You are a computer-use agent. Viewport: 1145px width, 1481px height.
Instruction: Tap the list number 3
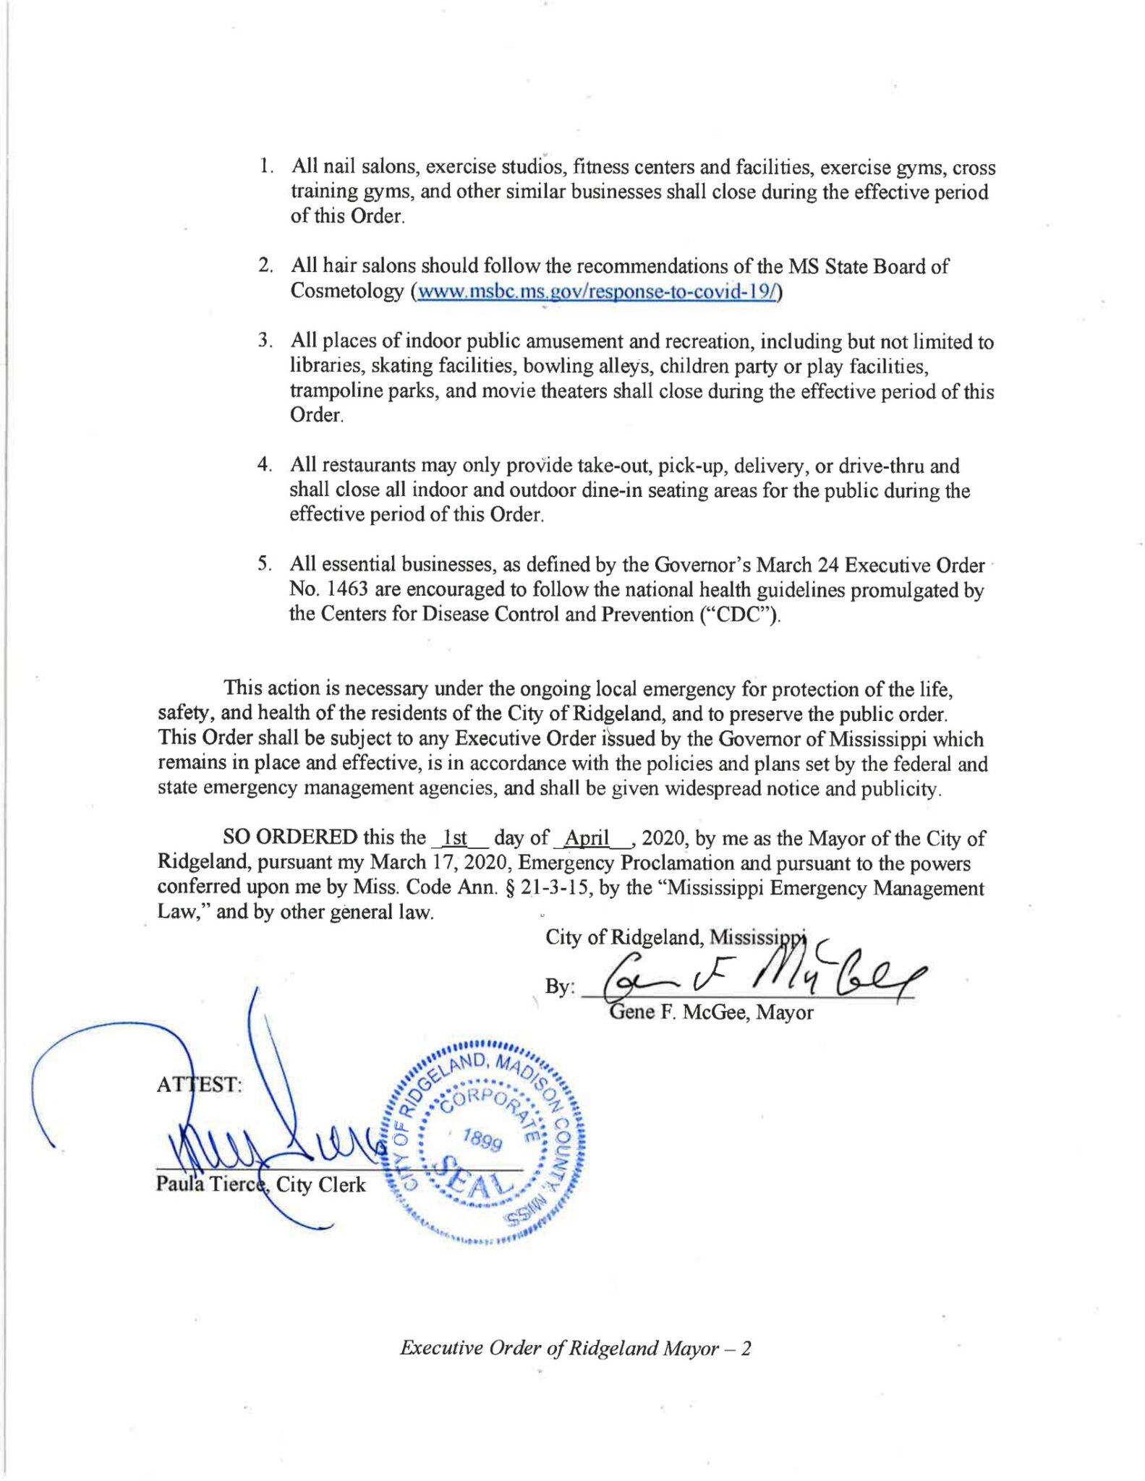click(x=265, y=341)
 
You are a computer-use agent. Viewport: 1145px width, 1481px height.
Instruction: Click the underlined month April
click(x=587, y=838)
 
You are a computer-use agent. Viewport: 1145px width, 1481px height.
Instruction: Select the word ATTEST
click(x=200, y=1084)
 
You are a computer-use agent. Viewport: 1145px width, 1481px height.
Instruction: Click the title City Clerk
click(x=321, y=1185)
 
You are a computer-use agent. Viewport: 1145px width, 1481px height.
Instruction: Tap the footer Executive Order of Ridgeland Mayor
click(x=575, y=1348)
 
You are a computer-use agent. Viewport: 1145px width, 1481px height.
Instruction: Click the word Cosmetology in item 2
click(x=346, y=291)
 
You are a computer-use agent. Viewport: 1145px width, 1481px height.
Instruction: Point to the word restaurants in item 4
click(x=368, y=465)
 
